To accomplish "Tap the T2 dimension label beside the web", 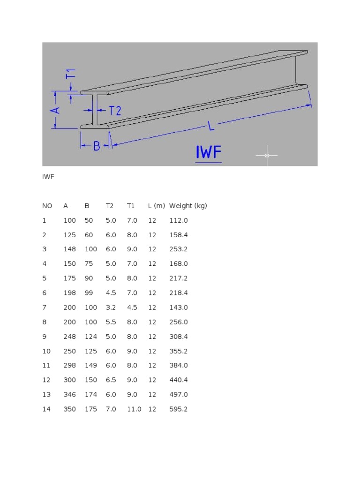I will (115, 111).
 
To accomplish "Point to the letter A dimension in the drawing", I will (55, 110).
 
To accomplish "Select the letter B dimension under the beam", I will (97, 146).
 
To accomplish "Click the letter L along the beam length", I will (211, 126).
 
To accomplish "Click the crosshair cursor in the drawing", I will (267, 155).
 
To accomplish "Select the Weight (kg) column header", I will (188, 206).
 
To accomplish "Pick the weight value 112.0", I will (178, 220).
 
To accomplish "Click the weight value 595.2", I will (178, 409).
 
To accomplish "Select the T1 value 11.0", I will (134, 409).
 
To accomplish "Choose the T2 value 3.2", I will (111, 307).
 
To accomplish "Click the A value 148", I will (69, 249).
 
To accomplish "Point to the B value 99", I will (89, 293).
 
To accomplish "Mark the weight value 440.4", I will (178, 380).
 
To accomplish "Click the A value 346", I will (69, 395).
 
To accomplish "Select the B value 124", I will (91, 337).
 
